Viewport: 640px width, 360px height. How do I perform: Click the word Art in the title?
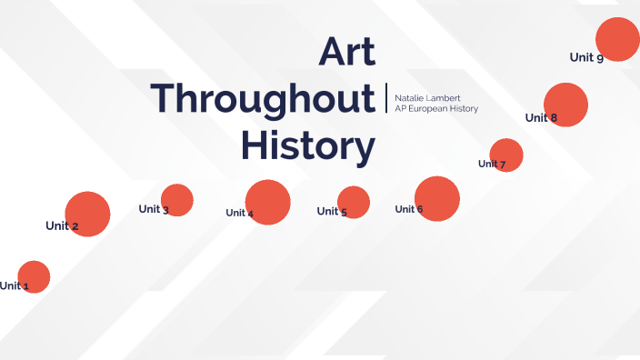pyautogui.click(x=346, y=52)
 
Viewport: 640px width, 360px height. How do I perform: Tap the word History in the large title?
pyautogui.click(x=307, y=145)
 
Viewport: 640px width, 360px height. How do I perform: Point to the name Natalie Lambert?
pyautogui.click(x=427, y=97)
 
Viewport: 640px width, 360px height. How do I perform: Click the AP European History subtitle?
pyautogui.click(x=435, y=109)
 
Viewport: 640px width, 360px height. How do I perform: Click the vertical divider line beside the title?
pyautogui.click(x=386, y=99)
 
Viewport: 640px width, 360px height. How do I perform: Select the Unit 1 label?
pyautogui.click(x=14, y=285)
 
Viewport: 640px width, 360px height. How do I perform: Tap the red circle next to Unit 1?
pyautogui.click(x=34, y=276)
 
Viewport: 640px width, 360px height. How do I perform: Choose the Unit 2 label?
pyautogui.click(x=62, y=225)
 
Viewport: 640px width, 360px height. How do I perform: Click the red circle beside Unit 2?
pyautogui.click(x=87, y=215)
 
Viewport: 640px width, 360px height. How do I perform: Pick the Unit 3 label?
pyautogui.click(x=154, y=209)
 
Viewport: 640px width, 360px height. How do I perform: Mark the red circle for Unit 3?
pyautogui.click(x=177, y=200)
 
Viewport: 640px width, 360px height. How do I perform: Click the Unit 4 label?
pyautogui.click(x=240, y=213)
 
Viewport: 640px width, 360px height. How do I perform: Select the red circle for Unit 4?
pyautogui.click(x=267, y=202)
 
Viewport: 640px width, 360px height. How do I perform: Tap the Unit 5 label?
pyautogui.click(x=332, y=212)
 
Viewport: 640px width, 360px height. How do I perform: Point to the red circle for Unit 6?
pyautogui.click(x=437, y=198)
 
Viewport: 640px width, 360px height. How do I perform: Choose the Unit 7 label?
pyautogui.click(x=492, y=164)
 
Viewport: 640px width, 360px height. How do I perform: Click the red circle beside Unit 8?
pyautogui.click(x=565, y=105)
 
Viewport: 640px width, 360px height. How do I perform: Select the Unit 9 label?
pyautogui.click(x=586, y=57)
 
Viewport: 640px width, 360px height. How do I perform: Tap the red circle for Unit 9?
pyautogui.click(x=617, y=40)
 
